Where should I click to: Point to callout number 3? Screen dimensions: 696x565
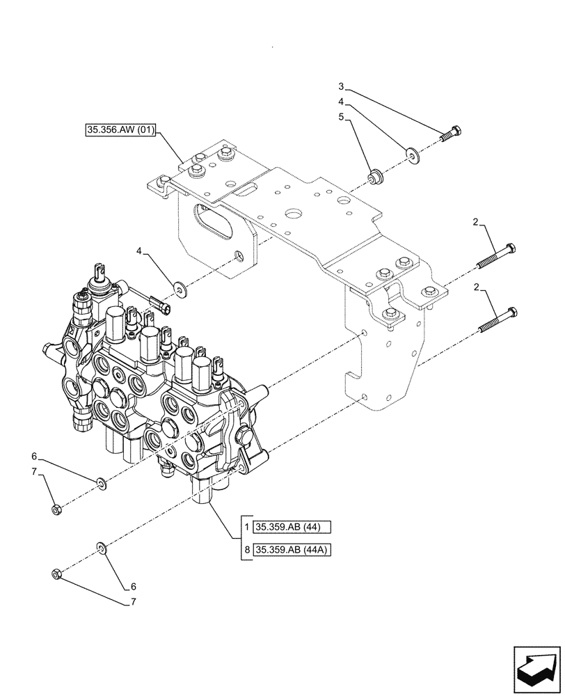[x=341, y=86]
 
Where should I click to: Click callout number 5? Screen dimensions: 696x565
[x=341, y=118]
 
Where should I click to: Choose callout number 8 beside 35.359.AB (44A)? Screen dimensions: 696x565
[x=247, y=551]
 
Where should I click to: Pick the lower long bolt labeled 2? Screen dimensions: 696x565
[x=497, y=319]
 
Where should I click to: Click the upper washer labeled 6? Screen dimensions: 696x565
[x=100, y=482]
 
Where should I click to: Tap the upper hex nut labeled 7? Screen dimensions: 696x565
[x=58, y=509]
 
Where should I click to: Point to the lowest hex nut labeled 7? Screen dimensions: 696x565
[x=57, y=575]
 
